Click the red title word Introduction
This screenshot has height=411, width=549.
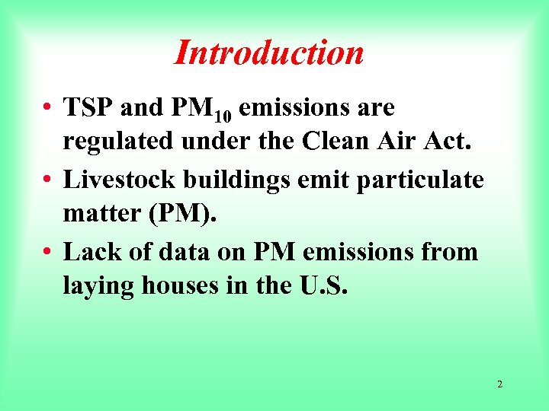[x=269, y=53]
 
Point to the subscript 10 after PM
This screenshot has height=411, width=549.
[x=223, y=116]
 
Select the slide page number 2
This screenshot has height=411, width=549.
[x=499, y=384]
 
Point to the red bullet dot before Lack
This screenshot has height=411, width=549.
[x=47, y=252]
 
